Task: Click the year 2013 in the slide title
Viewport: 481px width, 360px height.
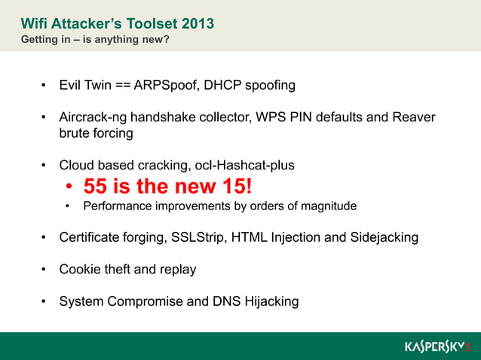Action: click(x=198, y=23)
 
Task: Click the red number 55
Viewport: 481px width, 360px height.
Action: click(x=96, y=185)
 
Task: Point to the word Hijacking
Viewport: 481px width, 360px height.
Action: click(x=269, y=301)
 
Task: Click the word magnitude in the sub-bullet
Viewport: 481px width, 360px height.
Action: click(x=329, y=206)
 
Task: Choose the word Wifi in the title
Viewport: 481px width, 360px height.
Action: click(x=33, y=23)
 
